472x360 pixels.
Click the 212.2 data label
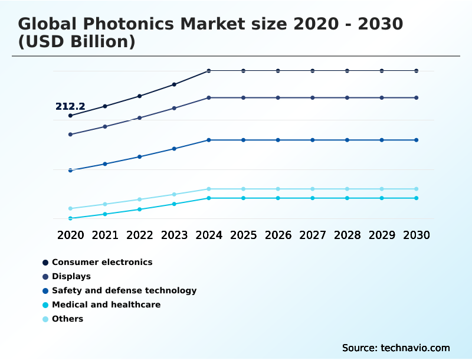[x=70, y=107]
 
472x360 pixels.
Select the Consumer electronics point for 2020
[x=70, y=116]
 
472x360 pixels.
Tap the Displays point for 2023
[x=174, y=108]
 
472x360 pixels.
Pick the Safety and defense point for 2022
[x=140, y=157]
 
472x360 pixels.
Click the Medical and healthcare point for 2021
[x=105, y=214]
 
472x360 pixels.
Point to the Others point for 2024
[x=209, y=189]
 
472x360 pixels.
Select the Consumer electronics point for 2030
[x=417, y=71]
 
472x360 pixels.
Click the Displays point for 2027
[x=313, y=97]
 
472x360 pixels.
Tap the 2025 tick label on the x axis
[x=243, y=235]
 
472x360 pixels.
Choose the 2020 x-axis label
[x=70, y=235]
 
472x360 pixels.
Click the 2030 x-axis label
[x=417, y=235]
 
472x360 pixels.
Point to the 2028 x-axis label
[x=347, y=235]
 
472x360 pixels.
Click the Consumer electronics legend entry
[x=102, y=262]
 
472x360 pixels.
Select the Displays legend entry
[x=71, y=276]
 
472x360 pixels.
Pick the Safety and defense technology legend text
[x=124, y=290]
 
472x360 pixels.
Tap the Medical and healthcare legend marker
[x=45, y=305]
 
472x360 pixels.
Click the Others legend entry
[x=67, y=319]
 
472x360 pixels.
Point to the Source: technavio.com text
[x=396, y=348]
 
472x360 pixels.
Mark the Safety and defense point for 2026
[x=278, y=140]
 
